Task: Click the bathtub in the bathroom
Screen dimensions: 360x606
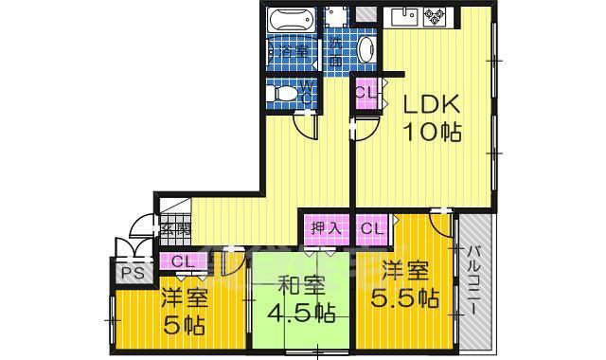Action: (292, 21)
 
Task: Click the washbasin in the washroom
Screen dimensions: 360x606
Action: (367, 49)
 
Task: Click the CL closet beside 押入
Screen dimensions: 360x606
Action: (373, 228)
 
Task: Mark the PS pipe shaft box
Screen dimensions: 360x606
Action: (130, 273)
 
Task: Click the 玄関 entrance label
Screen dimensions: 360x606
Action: (174, 228)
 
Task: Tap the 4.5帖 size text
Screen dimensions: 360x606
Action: (300, 313)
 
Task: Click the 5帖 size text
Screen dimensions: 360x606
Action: (184, 325)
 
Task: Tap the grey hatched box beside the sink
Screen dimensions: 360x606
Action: (365, 14)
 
